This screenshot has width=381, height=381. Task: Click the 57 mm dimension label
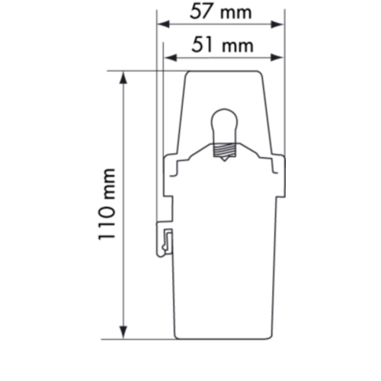pyautogui.click(x=220, y=12)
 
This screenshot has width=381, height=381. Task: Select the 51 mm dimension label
pyautogui.click(x=223, y=45)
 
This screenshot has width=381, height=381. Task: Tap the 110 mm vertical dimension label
pyautogui.click(x=107, y=204)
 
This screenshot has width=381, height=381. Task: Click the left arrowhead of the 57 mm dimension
pyautogui.click(x=163, y=24)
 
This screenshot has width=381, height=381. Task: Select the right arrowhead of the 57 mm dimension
pyautogui.click(x=277, y=24)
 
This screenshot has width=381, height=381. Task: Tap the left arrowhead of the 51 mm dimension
pyautogui.click(x=171, y=58)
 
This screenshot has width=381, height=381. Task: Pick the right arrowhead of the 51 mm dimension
pyautogui.click(x=277, y=58)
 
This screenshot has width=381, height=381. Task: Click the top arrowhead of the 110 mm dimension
pyautogui.click(x=123, y=78)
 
